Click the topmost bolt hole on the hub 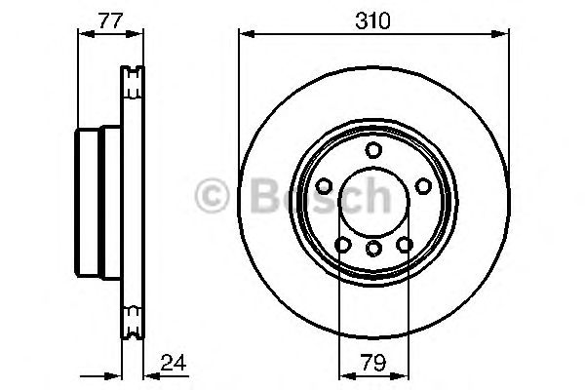373,149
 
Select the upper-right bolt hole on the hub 423,185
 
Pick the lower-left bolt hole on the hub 343,245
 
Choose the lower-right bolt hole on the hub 404,245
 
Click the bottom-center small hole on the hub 373,250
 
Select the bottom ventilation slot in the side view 131,317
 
